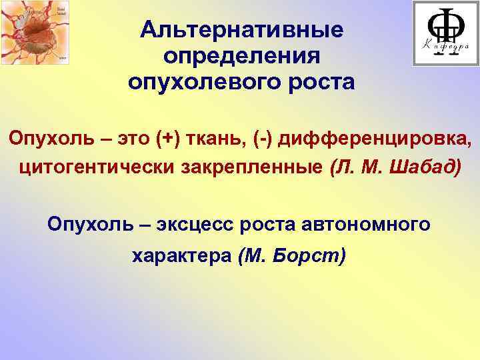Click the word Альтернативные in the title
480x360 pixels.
point(242,30)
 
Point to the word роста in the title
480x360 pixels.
point(319,83)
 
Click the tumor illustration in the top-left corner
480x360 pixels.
point(35,32)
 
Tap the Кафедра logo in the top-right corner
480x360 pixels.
point(445,33)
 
